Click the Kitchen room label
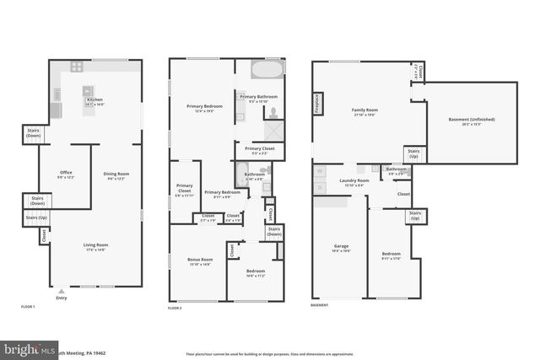pyautogui.click(x=94, y=101)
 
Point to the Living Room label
pyautogui.click(x=95, y=246)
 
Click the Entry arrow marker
pyautogui.click(x=61, y=291)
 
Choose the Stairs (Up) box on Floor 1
pyautogui.click(x=35, y=218)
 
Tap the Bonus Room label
pyautogui.click(x=199, y=261)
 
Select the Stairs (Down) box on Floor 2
pyautogui.click(x=274, y=231)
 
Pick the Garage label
pyautogui.click(x=340, y=248)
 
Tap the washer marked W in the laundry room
pyautogui.click(x=320, y=171)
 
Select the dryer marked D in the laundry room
pyautogui.click(x=320, y=187)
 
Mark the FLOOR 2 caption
pyautogui.click(x=175, y=308)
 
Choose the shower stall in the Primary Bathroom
pyautogui.click(x=275, y=131)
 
